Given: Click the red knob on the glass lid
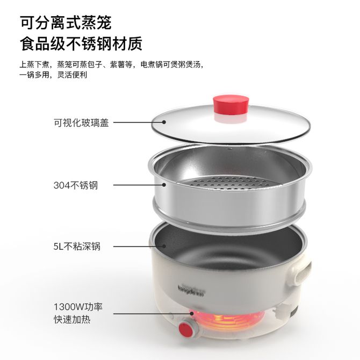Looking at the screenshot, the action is pos(231,105).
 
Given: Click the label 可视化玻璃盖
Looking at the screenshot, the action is pos(81,123).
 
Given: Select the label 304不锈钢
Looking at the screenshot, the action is pos(76,185).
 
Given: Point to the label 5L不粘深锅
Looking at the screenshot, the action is pos(77,246).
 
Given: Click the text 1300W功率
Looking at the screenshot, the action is pos(78,306).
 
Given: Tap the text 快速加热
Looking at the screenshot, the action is pos(72,319).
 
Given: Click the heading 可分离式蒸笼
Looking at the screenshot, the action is pos(66,23).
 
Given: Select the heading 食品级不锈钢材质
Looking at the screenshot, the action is pos(81,43).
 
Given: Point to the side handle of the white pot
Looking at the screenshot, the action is pos(301,273).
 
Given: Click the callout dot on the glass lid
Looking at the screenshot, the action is pos(164,122).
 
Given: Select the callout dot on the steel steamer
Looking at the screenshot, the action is pos(164,185).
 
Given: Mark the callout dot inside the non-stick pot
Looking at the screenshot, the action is pos(164,246).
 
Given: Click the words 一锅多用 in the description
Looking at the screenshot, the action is pos(34,75).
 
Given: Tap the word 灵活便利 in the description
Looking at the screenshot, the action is pos(72,75).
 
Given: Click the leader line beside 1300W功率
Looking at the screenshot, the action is pos(153,313).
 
